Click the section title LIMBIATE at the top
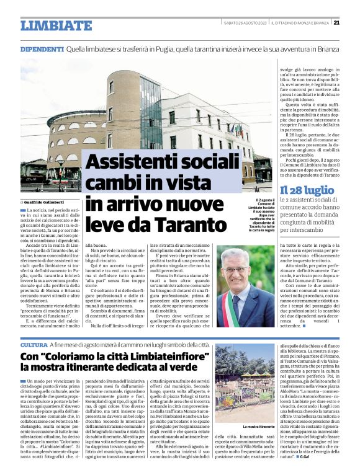56,25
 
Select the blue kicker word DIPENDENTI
42,48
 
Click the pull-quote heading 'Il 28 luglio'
306,190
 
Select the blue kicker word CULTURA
34,344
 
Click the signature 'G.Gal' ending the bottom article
305,464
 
